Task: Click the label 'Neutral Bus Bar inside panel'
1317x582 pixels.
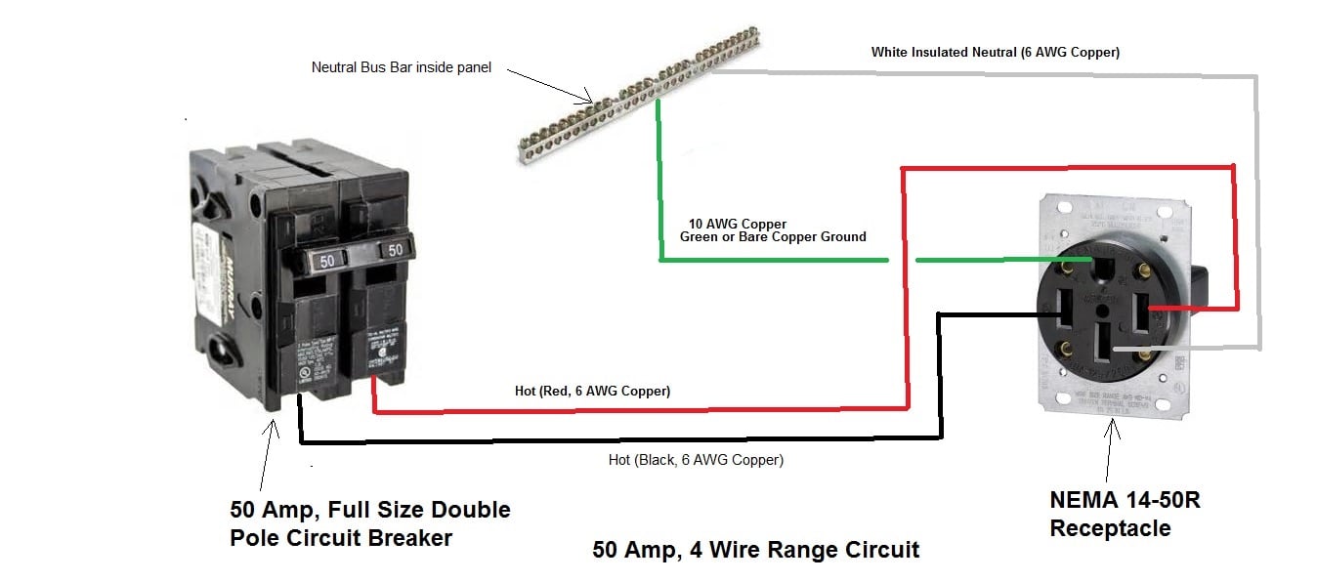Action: tap(401, 67)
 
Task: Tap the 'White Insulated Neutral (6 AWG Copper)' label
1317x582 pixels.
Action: tap(995, 52)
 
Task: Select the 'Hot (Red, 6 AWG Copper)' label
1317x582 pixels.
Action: tap(592, 391)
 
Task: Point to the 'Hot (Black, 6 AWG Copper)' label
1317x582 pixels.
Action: tap(696, 459)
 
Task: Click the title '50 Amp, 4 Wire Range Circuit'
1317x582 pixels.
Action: tap(755, 550)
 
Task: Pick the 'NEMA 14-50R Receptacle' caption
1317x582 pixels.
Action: tap(1125, 514)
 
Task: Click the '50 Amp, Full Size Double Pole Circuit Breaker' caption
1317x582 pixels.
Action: tap(370, 522)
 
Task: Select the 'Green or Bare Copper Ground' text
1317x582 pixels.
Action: tap(773, 236)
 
